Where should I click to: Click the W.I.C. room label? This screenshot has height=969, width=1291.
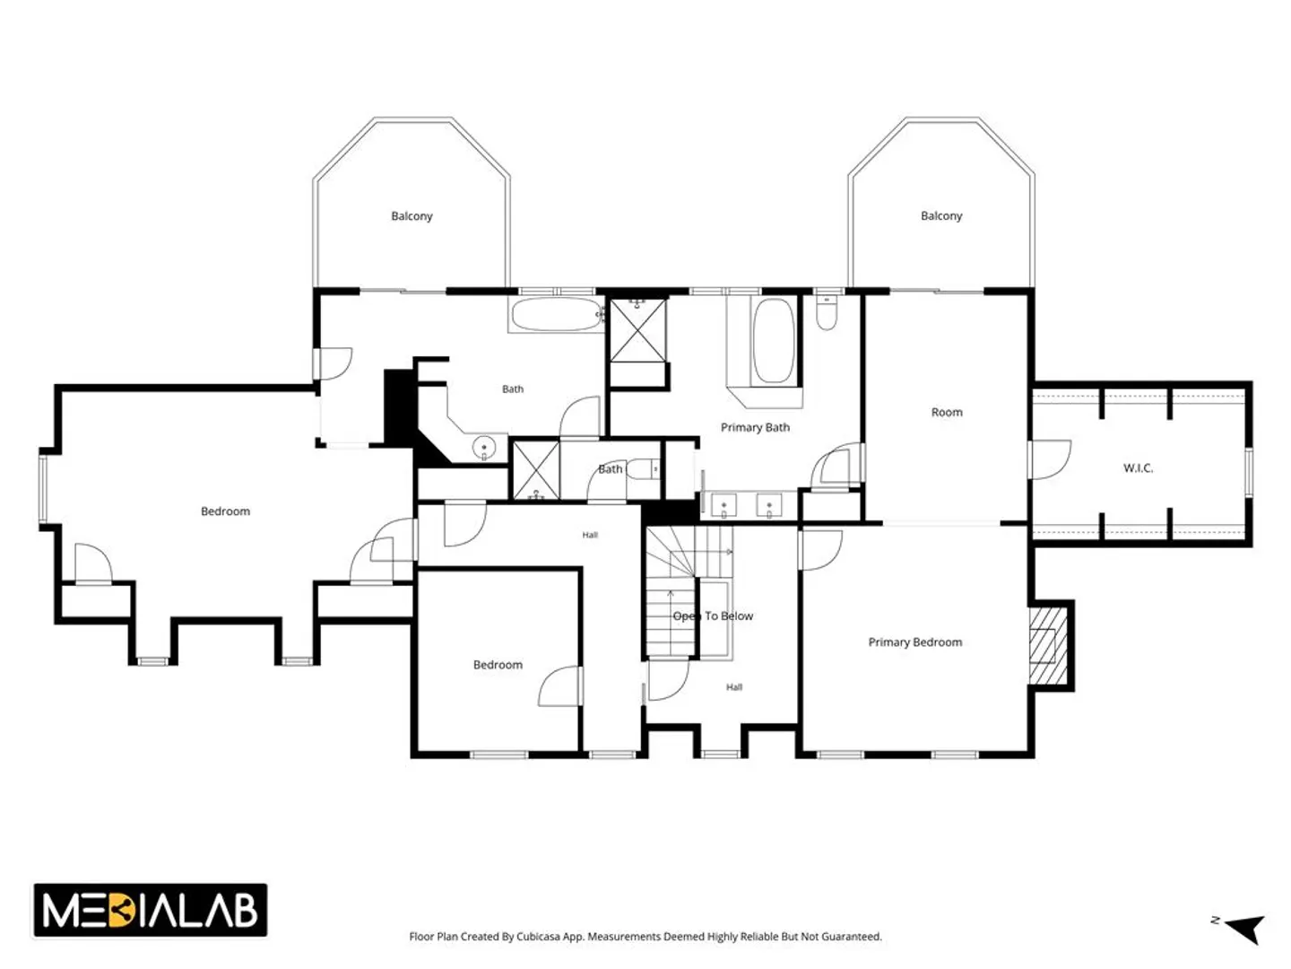(1138, 468)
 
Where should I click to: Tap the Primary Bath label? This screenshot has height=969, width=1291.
(755, 428)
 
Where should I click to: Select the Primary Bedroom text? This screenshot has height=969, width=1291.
(914, 642)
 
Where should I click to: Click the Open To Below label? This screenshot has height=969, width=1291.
(712, 616)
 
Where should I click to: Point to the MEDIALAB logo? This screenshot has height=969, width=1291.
(151, 910)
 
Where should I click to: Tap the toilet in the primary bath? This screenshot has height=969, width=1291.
(827, 312)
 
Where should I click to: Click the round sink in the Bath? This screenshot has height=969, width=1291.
(483, 448)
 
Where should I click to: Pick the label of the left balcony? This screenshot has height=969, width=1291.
(412, 216)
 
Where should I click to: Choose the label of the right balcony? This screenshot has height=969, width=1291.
(941, 216)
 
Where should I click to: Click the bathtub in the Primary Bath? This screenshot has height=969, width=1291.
(773, 341)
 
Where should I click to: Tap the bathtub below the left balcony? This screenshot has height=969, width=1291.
(557, 315)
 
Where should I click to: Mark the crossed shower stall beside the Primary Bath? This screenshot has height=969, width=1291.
(638, 330)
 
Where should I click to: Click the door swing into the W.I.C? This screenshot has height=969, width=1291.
(1050, 458)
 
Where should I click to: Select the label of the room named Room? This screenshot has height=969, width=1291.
(947, 413)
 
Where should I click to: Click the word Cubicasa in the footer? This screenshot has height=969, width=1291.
(538, 936)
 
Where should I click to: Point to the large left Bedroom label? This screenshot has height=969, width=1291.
(225, 511)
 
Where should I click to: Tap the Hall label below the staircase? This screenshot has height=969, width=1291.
(734, 686)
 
